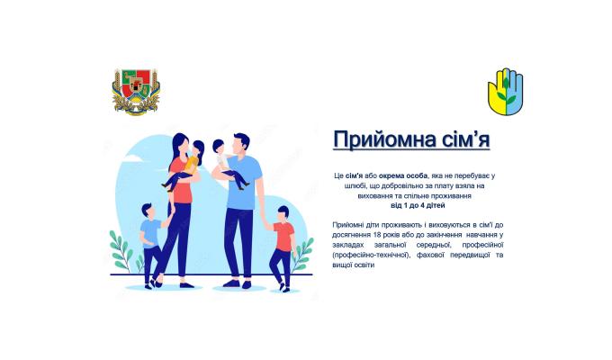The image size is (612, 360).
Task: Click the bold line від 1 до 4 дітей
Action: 418,206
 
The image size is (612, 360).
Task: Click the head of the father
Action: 239,144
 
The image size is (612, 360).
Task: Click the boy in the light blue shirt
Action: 149,236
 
